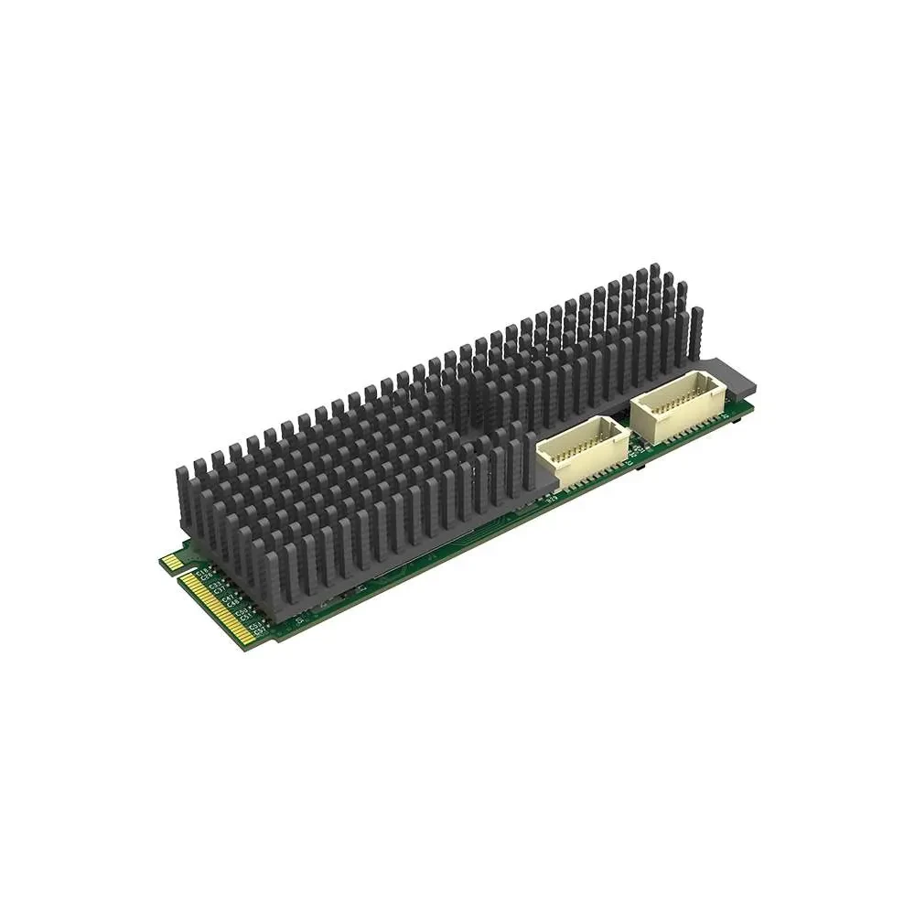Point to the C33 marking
click(x=216, y=585)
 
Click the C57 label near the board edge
click(x=260, y=630)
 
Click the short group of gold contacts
click(x=171, y=561)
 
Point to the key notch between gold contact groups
click(x=183, y=571)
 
